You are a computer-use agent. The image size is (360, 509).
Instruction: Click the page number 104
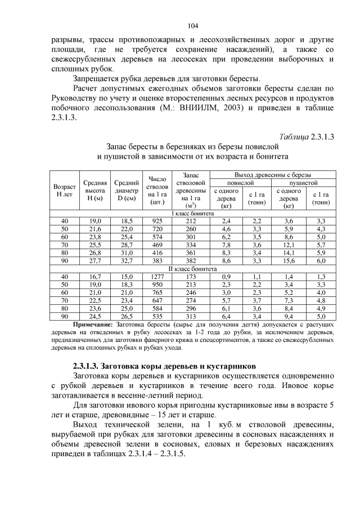(193, 26)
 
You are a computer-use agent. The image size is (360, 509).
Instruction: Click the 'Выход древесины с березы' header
(273, 175)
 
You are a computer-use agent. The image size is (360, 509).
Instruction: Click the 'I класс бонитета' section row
(193, 214)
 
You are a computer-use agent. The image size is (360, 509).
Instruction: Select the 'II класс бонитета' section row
(193, 269)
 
